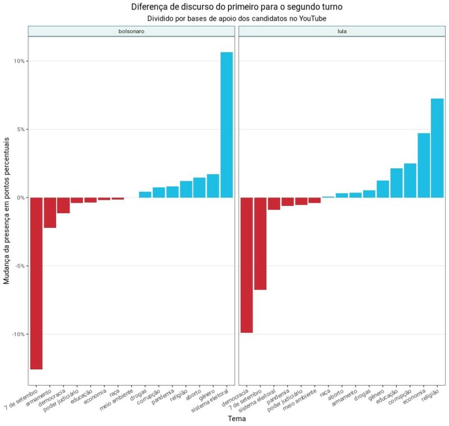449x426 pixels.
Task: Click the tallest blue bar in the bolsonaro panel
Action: point(227,125)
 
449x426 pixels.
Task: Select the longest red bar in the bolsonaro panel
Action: point(36,283)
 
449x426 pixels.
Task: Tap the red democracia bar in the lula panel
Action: point(246,265)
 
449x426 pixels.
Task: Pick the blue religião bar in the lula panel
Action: point(437,148)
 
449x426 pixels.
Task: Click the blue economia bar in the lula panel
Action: point(424,166)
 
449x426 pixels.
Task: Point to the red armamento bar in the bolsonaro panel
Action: point(50,213)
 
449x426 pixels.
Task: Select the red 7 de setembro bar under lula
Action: point(260,244)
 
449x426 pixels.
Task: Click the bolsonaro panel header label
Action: point(131,31)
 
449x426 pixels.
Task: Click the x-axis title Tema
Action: point(236,418)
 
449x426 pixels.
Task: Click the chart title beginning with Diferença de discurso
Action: point(236,7)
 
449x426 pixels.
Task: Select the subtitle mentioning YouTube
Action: point(236,18)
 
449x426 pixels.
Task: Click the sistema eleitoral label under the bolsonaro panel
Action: point(210,400)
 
